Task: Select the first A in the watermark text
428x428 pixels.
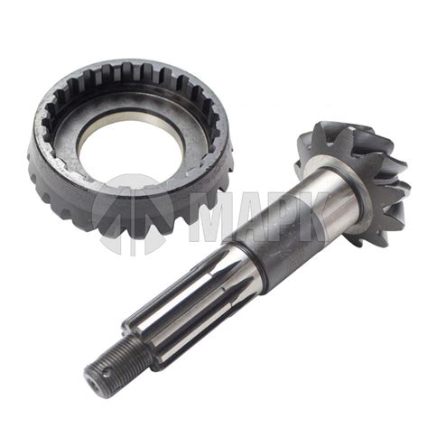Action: click(x=251, y=216)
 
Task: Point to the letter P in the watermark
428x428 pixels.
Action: click(x=286, y=216)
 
